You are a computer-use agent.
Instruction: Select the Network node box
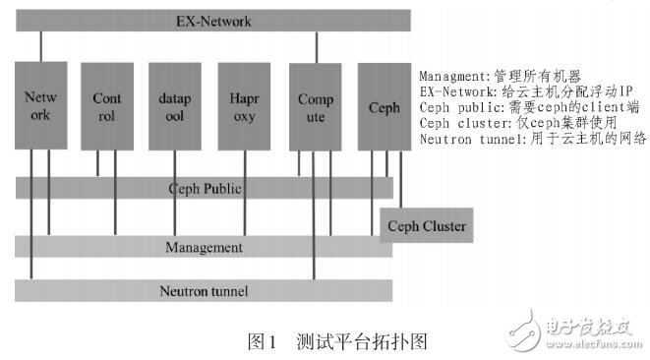click(x=41, y=104)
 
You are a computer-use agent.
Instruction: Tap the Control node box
click(x=106, y=104)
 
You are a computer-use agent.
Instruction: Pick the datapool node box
click(x=174, y=104)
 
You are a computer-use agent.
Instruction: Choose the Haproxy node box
click(x=243, y=104)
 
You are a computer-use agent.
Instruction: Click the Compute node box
click(x=315, y=104)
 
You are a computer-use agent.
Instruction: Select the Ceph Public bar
click(x=205, y=188)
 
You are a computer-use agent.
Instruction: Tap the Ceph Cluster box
click(x=425, y=226)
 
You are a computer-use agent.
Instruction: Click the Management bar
click(x=205, y=246)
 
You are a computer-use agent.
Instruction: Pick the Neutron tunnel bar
click(x=205, y=290)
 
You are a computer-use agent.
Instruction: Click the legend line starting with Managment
click(x=499, y=76)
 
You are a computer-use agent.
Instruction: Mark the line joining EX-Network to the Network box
click(x=41, y=46)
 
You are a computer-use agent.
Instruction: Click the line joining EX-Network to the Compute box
click(x=315, y=46)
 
